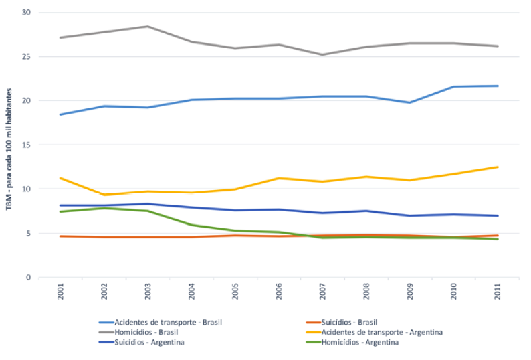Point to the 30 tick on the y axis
26,13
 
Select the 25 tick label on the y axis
26,57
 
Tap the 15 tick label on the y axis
26,145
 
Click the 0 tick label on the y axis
28,278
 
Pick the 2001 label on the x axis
61,292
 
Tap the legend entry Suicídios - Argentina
149,343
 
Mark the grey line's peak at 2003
148,27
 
